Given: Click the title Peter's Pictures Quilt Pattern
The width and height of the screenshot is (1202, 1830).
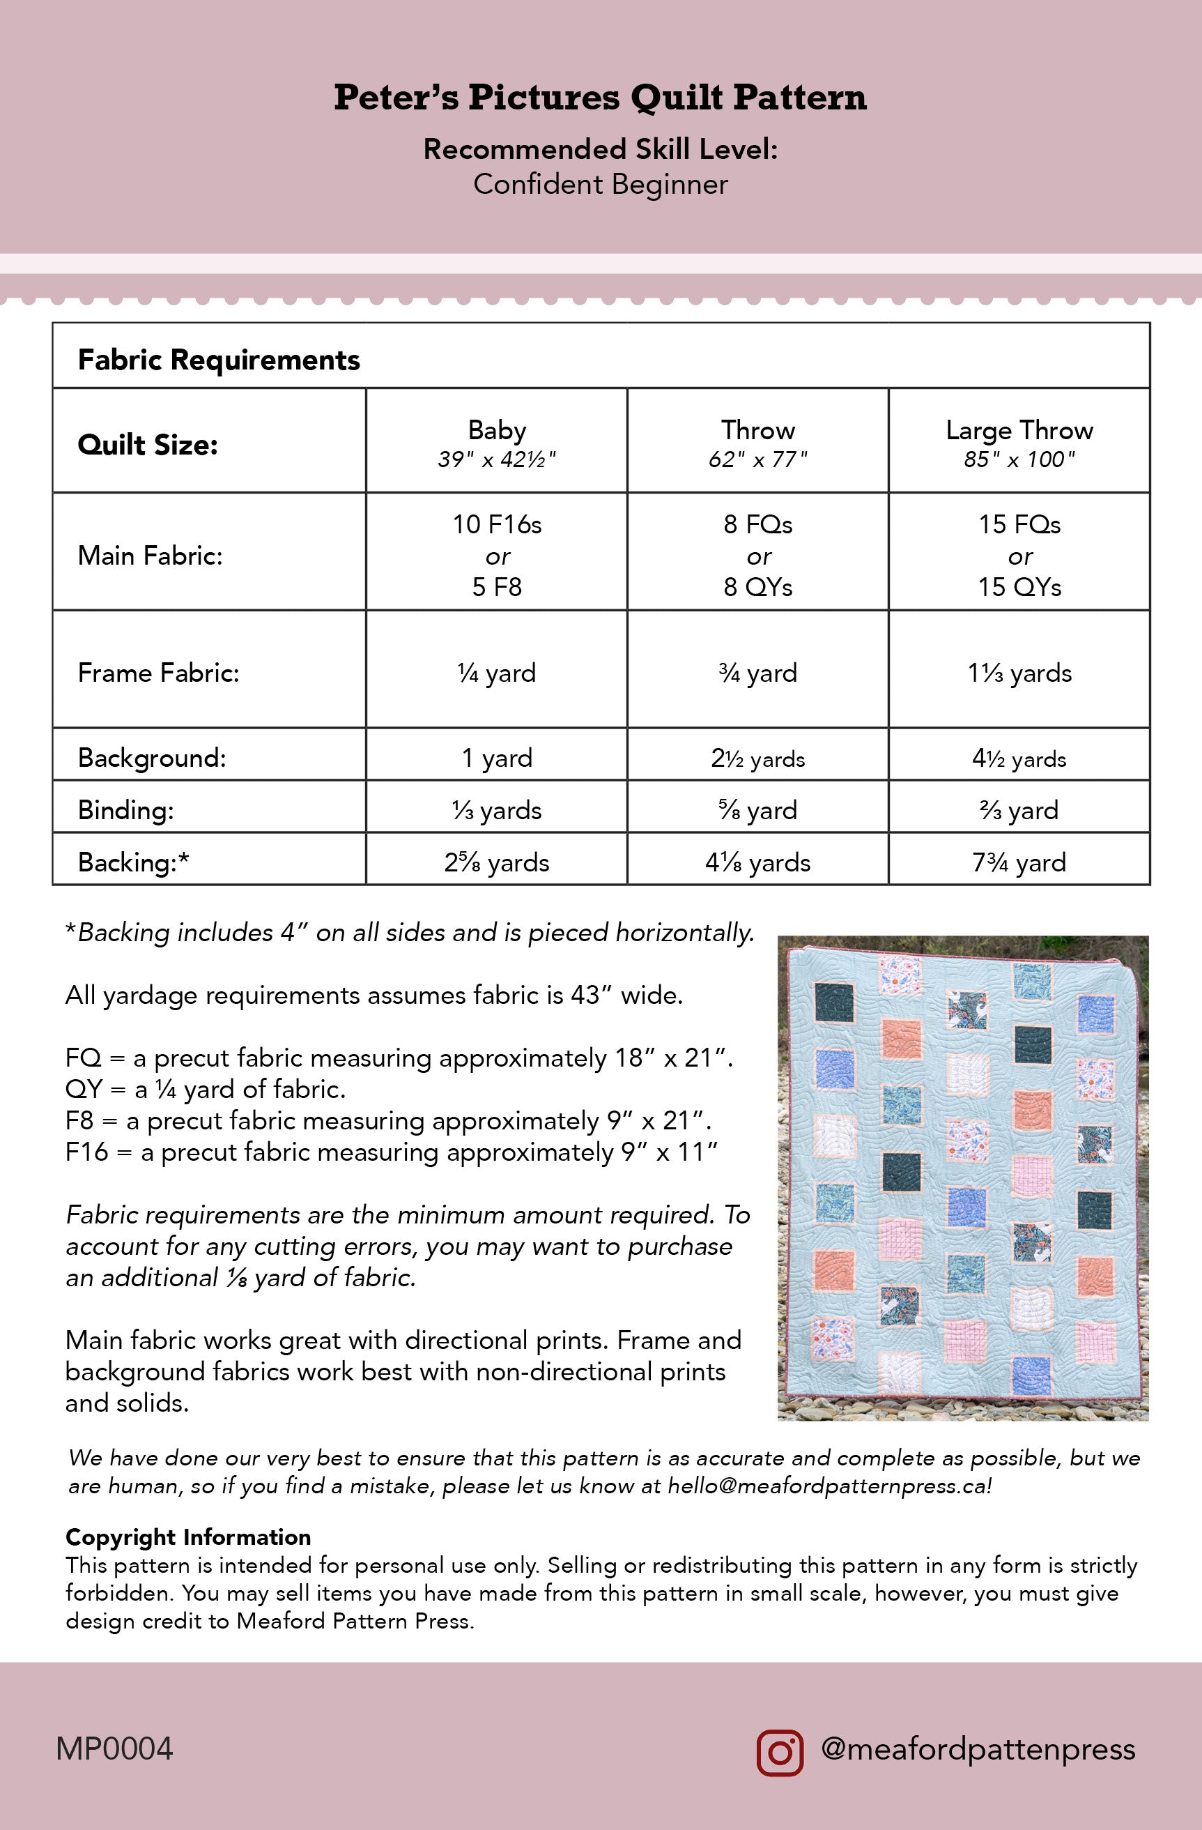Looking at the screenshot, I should pos(600,98).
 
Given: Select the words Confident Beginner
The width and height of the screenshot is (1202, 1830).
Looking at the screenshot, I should pos(600,185).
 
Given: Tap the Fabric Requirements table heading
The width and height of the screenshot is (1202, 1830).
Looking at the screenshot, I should pos(219,360).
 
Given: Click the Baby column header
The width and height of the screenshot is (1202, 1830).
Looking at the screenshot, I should pos(496,441).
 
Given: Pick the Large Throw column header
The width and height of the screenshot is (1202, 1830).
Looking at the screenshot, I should pos(1019,441).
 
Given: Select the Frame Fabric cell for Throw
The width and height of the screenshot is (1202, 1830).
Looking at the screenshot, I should pos(758,673).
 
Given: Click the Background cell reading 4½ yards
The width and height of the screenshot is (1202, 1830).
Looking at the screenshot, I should pos(1019,758).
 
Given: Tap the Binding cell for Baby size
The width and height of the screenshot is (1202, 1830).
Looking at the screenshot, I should pos(496,809).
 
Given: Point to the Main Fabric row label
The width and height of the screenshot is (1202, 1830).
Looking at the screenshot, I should pos(151,555).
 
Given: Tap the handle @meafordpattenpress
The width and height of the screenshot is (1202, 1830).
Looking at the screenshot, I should pos(978,1749).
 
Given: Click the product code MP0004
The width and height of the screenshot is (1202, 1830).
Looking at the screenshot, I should pos(114,1749).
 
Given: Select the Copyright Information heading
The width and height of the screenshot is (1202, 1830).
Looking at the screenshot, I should pos(188,1537).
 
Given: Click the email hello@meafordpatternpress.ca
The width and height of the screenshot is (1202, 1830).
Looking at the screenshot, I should pos(829,1486).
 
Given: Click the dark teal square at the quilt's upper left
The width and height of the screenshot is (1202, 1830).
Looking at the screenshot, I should pos(834,1002).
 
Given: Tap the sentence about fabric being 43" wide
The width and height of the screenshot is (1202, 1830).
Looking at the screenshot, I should pos(374,995).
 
